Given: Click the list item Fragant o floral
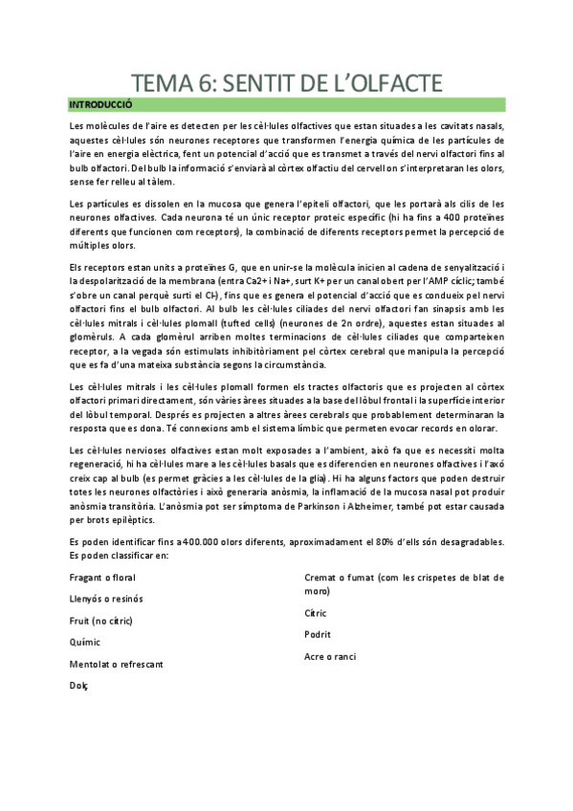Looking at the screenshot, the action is [x=101, y=578].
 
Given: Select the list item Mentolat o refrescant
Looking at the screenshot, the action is [x=117, y=664].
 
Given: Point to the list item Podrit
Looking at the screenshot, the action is [x=318, y=634].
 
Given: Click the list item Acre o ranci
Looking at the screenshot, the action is [x=331, y=656].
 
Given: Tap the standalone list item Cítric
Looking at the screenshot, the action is [x=316, y=613].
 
